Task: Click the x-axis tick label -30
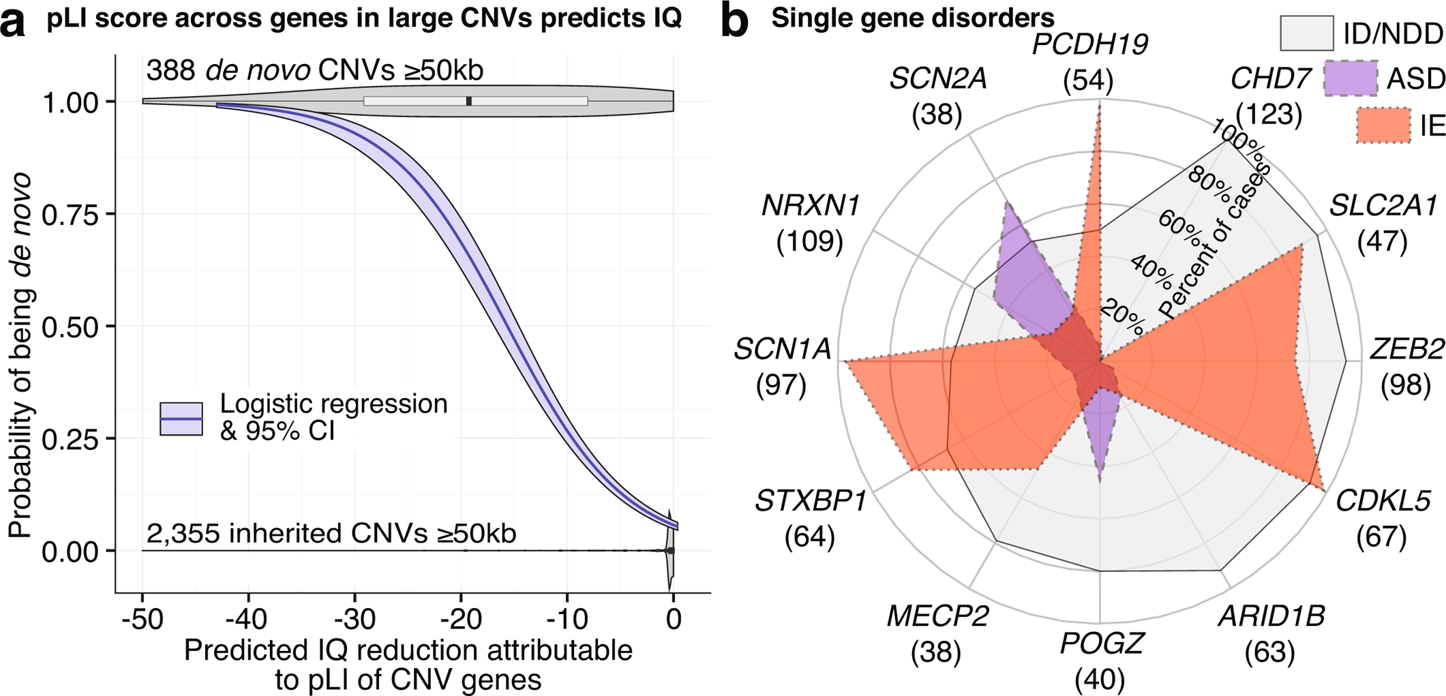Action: pos(355,620)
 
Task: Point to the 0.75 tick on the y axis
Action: pos(70,215)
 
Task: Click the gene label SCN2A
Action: pos(938,80)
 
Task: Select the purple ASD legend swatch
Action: pos(1350,78)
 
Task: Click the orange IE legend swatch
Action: pos(1383,125)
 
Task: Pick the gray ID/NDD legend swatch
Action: pos(1306,33)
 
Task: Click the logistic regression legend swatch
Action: pos(181,419)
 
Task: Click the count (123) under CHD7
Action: pos(1269,114)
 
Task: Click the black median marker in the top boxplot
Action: pos(469,102)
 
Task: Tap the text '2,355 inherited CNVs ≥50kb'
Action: pos(331,534)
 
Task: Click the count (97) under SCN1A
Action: pos(781,385)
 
